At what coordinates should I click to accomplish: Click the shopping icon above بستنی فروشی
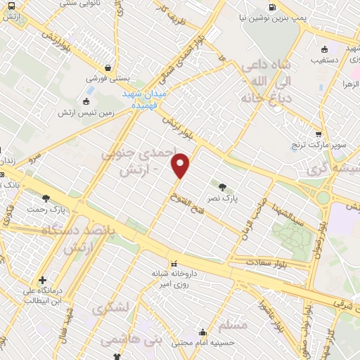coord(107,68)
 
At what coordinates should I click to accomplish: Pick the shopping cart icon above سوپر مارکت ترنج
coord(318,134)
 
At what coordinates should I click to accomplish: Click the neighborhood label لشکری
coord(111,309)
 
